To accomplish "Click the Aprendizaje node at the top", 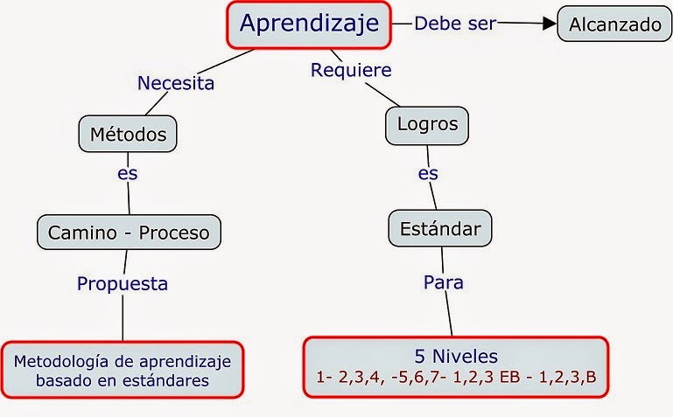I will click(309, 24).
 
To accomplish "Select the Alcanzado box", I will click(614, 24).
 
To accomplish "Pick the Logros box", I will click(427, 124).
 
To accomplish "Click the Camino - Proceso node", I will click(129, 233).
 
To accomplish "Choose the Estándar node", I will click(439, 230).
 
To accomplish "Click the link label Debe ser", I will click(454, 24).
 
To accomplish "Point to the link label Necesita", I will click(176, 84).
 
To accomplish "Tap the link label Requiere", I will click(351, 70).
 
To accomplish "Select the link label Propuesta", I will click(122, 283).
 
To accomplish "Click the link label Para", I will click(443, 282).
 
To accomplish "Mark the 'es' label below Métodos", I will click(128, 173).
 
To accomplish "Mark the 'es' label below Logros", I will click(428, 173).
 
